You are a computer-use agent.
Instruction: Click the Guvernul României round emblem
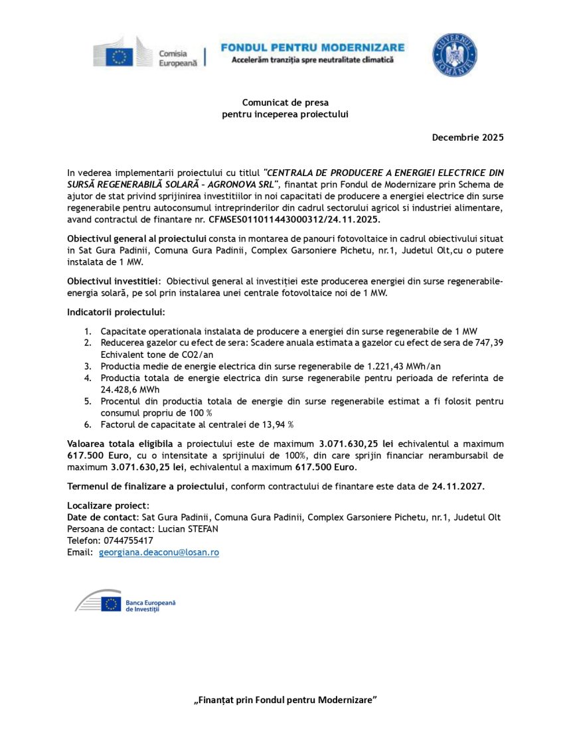point(455,54)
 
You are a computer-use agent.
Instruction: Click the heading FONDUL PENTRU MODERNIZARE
point(312,47)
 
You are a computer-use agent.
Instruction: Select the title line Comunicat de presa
point(285,102)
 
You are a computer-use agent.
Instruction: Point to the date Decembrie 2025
point(467,137)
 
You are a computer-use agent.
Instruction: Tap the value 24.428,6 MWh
point(126,389)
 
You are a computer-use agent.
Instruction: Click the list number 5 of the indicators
point(87,401)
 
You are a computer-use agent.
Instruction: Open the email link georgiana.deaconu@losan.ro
point(159,552)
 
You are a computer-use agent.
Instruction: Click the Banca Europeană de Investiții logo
point(126,603)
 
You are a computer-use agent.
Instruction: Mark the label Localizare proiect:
point(109,506)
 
